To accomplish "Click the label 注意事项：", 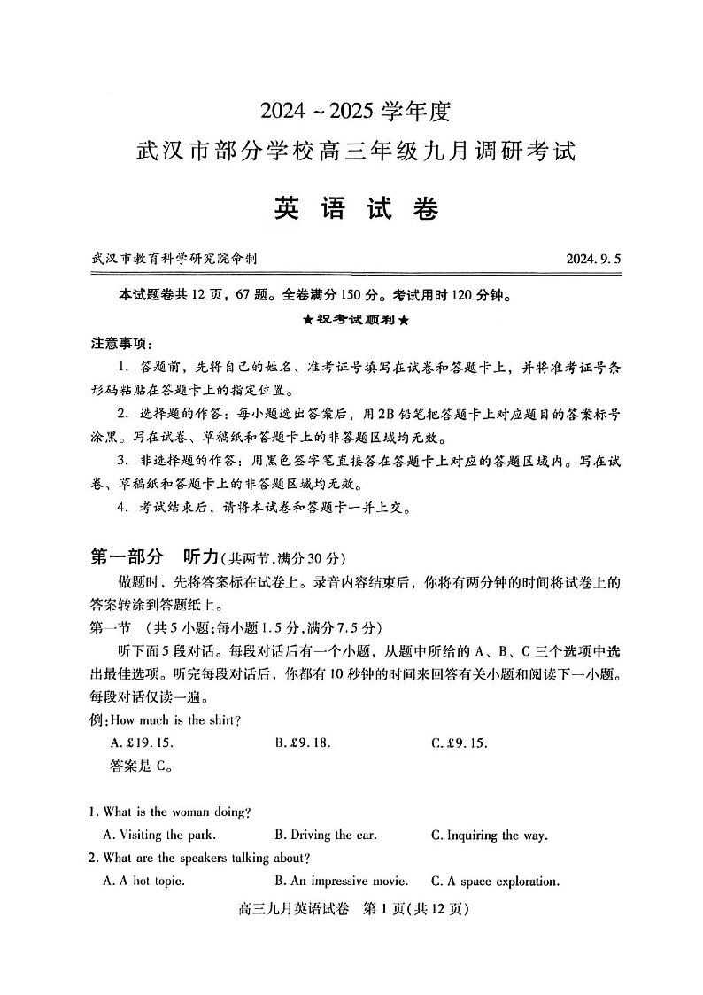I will (121, 343).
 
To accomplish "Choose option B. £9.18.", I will (308, 742).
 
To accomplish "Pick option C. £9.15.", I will (460, 742).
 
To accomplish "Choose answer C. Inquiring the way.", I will (490, 835).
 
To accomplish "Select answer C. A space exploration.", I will (496, 881).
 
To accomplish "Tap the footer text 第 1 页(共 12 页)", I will (416, 909).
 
